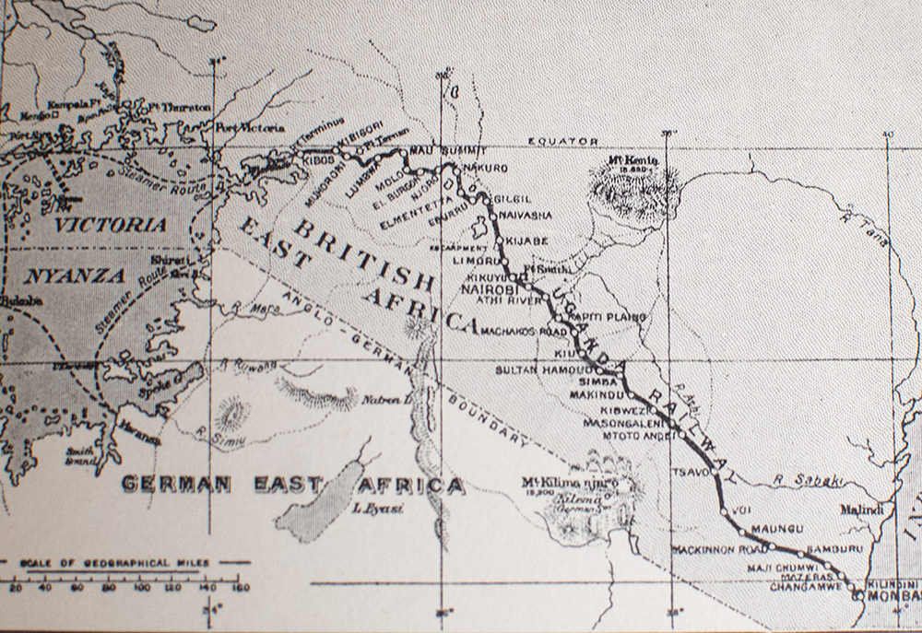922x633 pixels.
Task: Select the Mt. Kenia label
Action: tap(633, 160)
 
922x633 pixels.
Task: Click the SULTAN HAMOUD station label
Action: tap(535, 367)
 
